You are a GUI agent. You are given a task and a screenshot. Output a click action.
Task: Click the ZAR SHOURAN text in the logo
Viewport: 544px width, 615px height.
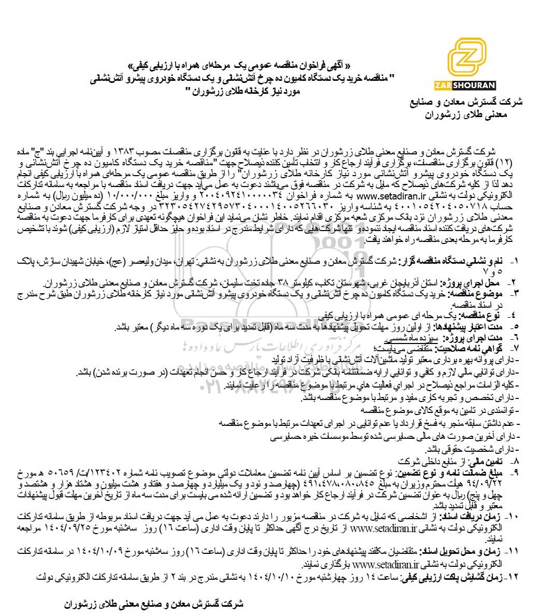click(x=471, y=85)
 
